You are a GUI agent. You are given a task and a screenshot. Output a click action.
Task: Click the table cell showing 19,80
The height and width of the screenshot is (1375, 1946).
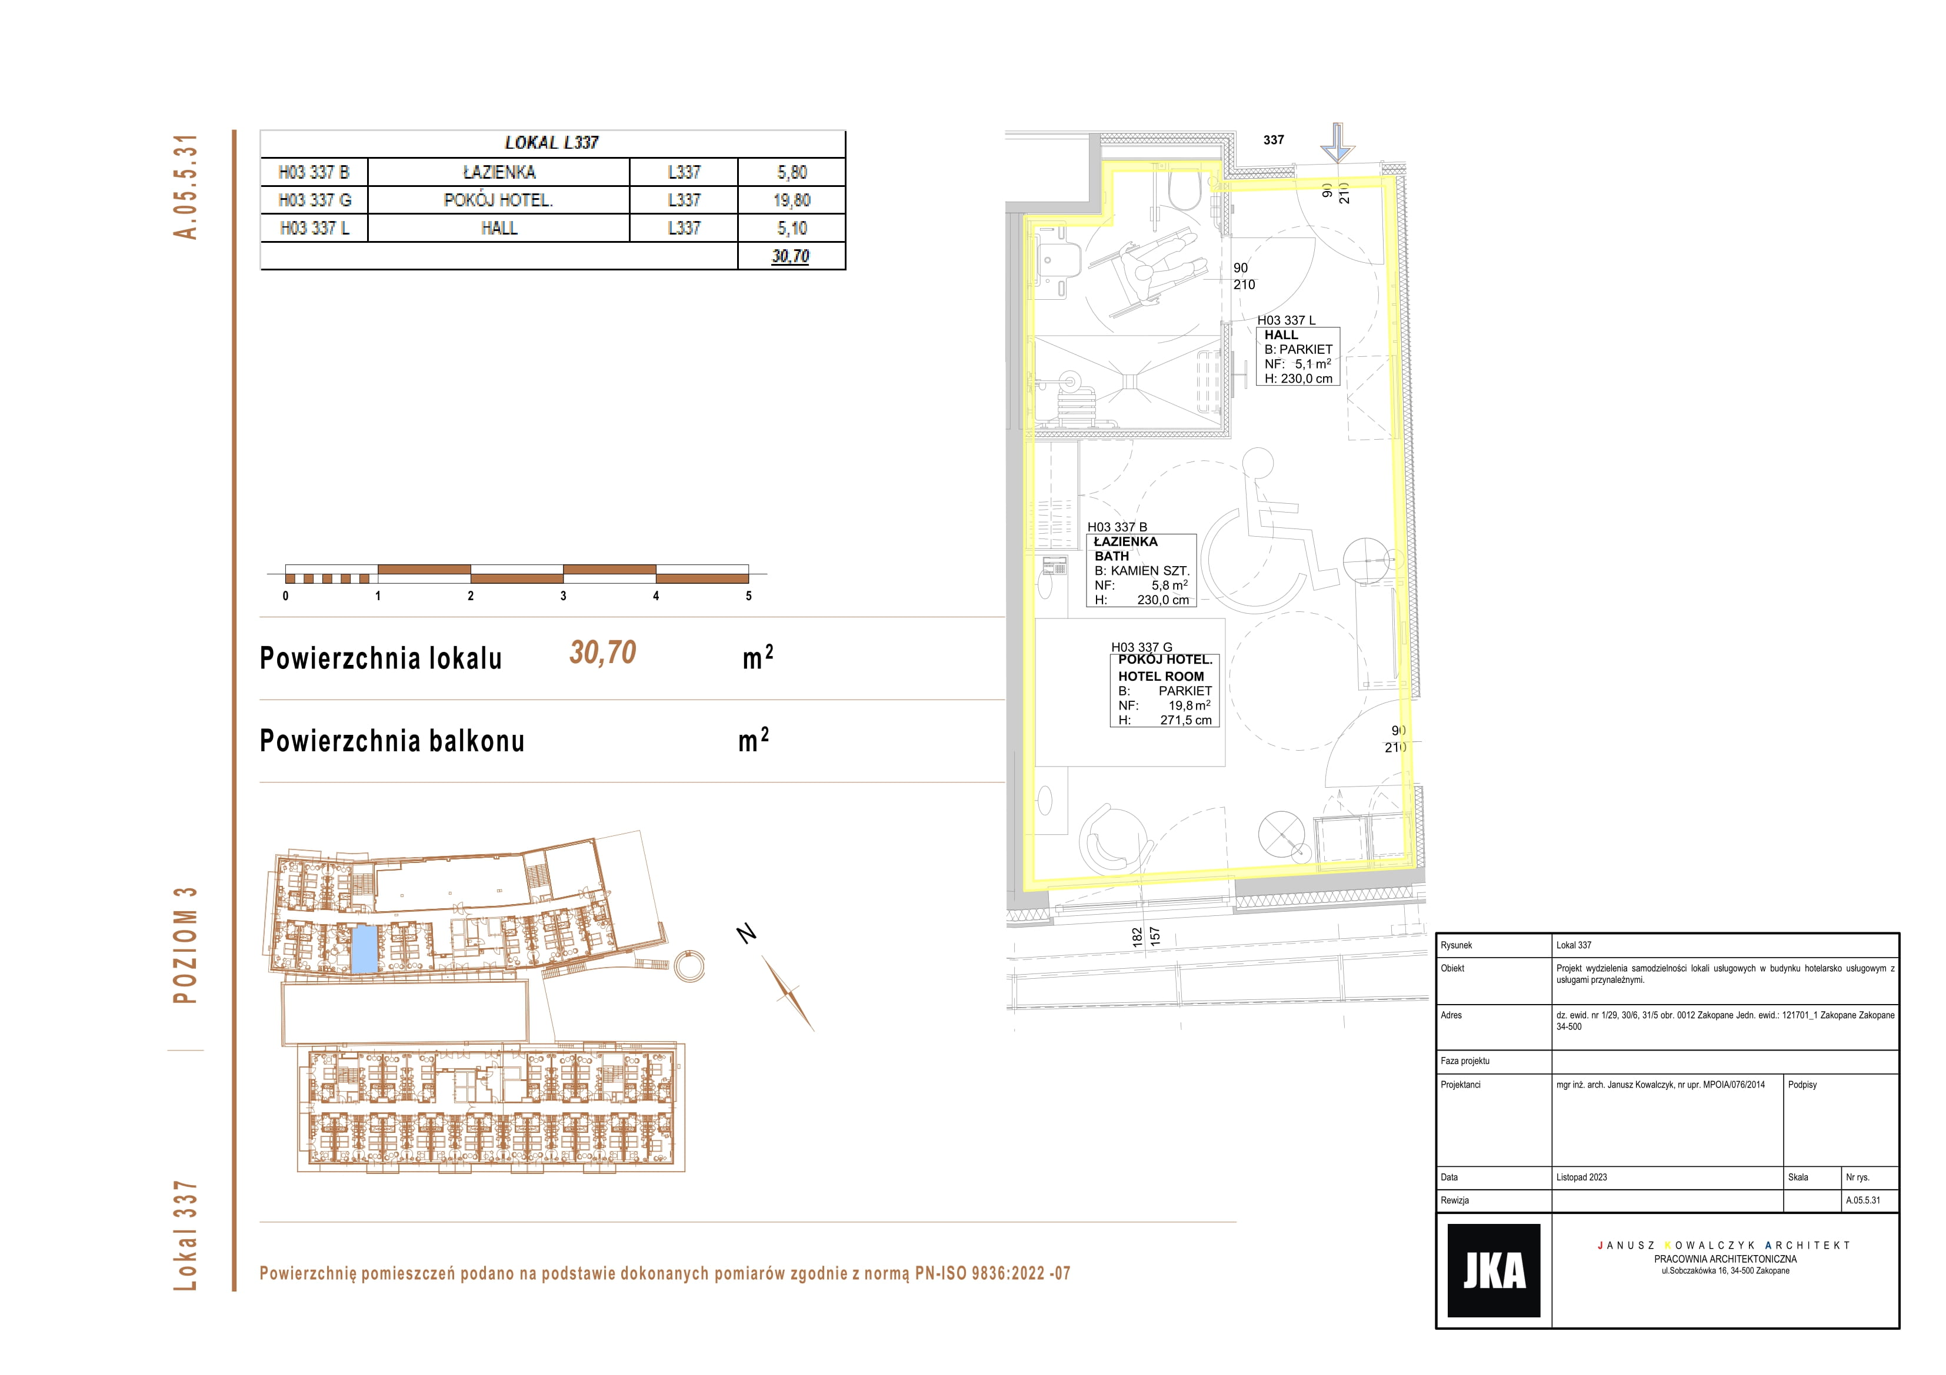point(792,200)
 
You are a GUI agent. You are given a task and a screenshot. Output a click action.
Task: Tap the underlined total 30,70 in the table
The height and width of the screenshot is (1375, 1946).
point(790,256)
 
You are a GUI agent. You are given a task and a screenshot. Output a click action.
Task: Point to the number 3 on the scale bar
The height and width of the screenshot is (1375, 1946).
point(563,596)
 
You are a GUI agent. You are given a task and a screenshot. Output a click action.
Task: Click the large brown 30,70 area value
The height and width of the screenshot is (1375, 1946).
point(602,653)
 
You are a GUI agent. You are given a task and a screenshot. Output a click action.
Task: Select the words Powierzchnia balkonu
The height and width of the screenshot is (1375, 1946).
point(392,741)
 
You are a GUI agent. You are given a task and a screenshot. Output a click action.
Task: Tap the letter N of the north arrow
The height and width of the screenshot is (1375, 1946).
point(746,934)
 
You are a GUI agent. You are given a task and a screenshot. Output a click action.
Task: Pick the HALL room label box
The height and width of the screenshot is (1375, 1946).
point(1298,357)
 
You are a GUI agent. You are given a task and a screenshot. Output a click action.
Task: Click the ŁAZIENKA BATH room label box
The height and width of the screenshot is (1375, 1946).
point(1141,570)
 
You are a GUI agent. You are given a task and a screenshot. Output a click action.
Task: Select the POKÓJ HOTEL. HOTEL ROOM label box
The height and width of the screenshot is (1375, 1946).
point(1165,690)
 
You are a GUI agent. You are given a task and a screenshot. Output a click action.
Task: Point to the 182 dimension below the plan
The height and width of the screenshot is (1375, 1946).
point(1137,936)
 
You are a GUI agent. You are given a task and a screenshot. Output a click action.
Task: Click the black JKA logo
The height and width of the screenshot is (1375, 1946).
point(1494,1270)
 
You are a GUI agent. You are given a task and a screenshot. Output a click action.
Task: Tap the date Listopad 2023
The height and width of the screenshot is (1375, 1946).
point(1581,1177)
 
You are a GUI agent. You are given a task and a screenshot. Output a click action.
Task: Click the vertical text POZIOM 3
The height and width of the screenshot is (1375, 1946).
point(185,945)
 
